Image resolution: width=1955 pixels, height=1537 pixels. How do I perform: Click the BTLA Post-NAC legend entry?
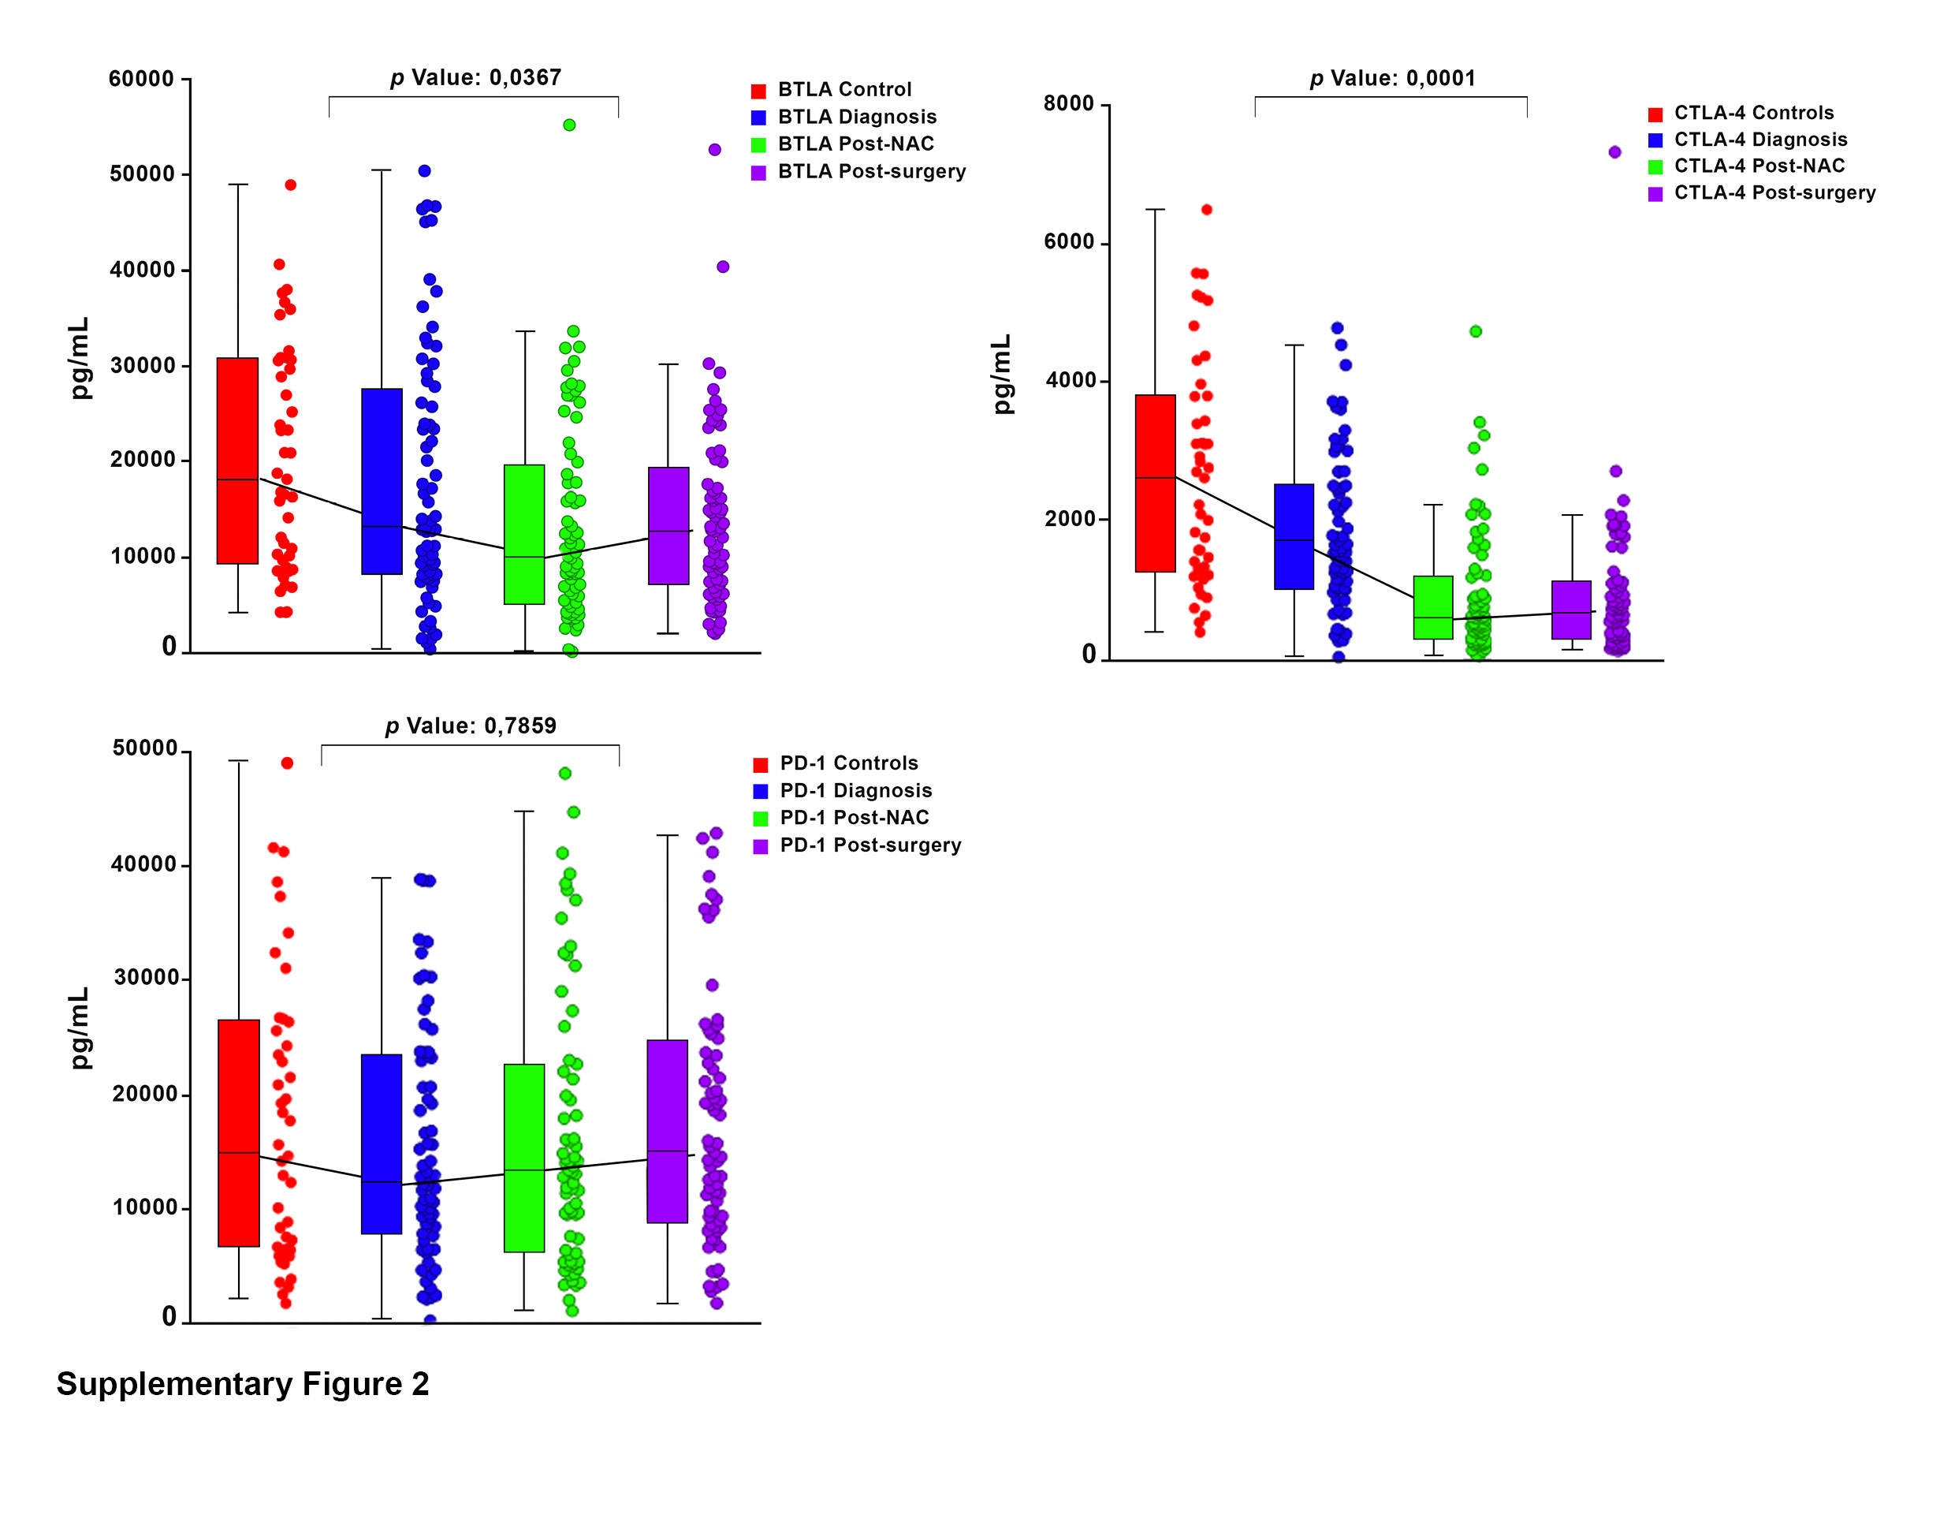click(855, 144)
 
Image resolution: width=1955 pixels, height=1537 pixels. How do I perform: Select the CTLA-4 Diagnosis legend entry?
click(1759, 140)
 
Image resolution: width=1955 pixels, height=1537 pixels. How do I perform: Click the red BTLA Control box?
click(237, 461)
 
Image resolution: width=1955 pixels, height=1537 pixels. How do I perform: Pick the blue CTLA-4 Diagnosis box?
click(1294, 536)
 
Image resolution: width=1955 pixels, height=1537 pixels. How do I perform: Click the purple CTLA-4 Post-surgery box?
click(1571, 610)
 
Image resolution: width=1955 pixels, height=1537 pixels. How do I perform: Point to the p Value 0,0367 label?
click(476, 78)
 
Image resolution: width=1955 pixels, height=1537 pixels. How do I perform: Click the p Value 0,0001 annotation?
click(1393, 79)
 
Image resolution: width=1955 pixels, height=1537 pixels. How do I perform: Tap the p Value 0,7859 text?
click(471, 726)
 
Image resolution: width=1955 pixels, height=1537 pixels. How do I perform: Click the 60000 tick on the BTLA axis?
click(141, 79)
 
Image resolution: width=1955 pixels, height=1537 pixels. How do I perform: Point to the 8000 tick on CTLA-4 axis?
click(1069, 104)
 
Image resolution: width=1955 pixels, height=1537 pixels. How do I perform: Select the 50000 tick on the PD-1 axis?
click(145, 748)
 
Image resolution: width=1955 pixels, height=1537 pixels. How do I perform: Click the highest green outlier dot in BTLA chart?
click(569, 125)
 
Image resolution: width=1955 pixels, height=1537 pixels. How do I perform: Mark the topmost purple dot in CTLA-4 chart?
click(1615, 152)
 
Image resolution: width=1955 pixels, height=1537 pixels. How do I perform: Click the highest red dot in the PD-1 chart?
click(287, 763)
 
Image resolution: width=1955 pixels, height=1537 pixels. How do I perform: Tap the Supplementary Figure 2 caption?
click(243, 1384)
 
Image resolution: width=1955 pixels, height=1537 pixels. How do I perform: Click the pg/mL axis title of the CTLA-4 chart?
click(1001, 375)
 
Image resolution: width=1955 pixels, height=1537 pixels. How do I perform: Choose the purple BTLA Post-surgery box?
click(668, 525)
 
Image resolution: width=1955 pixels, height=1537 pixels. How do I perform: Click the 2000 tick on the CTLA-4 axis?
click(1071, 519)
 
